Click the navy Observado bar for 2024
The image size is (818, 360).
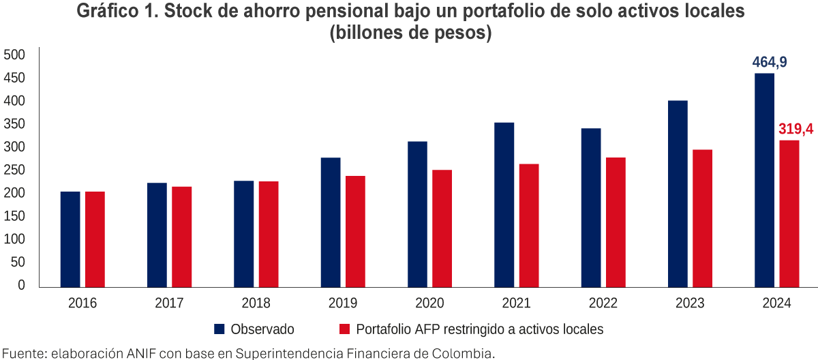[764, 180]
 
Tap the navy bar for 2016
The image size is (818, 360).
[70, 239]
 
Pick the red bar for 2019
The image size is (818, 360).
[355, 232]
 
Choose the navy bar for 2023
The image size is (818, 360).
[678, 194]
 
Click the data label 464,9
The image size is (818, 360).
[770, 63]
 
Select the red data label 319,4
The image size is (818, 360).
[795, 129]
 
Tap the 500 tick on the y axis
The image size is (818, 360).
[14, 55]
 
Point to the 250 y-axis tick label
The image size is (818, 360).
[14, 170]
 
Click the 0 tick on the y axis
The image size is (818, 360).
[21, 286]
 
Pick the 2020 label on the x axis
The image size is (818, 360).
[430, 303]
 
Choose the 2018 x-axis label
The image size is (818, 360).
[256, 303]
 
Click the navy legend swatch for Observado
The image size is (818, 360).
[219, 329]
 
